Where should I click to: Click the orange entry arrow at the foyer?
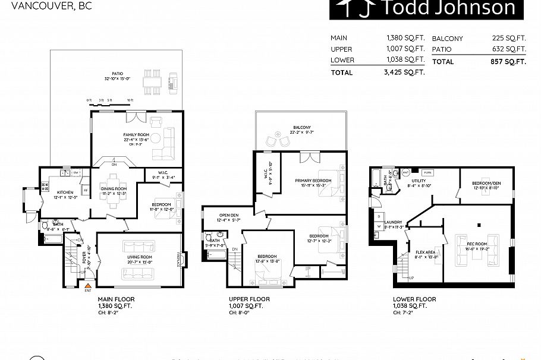(x=88, y=286)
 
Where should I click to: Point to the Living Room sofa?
(x=137, y=273)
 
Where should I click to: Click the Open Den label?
(x=228, y=216)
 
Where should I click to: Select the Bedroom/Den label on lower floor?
(x=485, y=183)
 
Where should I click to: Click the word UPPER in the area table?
(x=342, y=49)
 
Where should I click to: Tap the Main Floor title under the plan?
(x=116, y=299)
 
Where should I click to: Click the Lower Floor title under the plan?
(x=414, y=299)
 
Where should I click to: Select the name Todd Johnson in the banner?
(x=447, y=8)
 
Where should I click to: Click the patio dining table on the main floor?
(x=153, y=84)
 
